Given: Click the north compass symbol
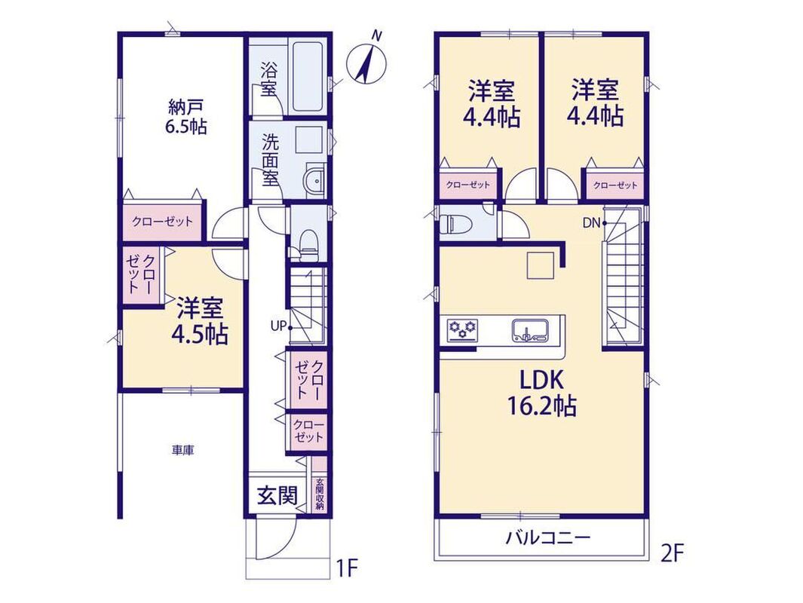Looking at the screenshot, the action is pyautogui.click(x=366, y=63).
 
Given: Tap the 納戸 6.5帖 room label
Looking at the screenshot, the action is pyautogui.click(x=185, y=117).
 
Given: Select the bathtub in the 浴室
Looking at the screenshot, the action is pyautogui.click(x=306, y=78).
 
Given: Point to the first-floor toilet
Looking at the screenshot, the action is pyautogui.click(x=308, y=245).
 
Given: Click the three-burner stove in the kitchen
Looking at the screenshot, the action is pyautogui.click(x=462, y=329).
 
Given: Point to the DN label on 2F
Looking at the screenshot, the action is pyautogui.click(x=591, y=222).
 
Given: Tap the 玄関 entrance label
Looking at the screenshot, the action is pyautogui.click(x=277, y=494).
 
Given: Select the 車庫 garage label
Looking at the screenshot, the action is pyautogui.click(x=182, y=451).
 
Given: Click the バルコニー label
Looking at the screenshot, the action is pyautogui.click(x=548, y=538).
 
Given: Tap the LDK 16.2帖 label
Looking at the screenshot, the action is pyautogui.click(x=542, y=393).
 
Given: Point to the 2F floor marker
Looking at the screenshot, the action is pyautogui.click(x=672, y=553).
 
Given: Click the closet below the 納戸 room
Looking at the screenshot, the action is pyautogui.click(x=162, y=221).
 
